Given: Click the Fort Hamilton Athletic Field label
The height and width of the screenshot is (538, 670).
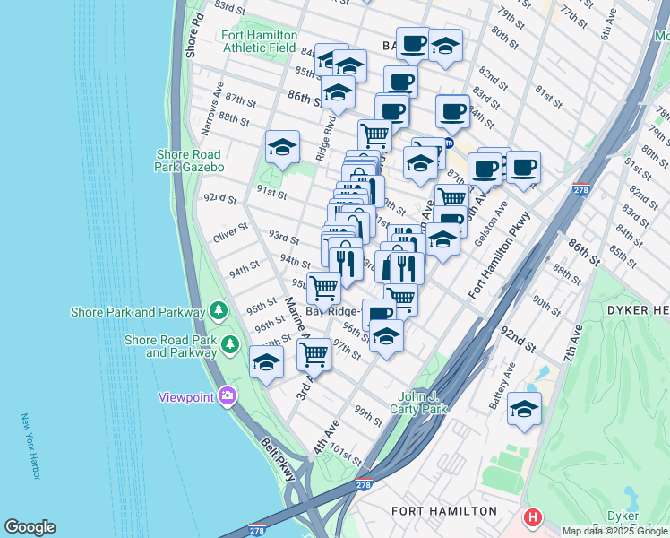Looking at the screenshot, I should click(260, 41).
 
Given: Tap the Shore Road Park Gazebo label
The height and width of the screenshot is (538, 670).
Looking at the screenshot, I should click(189, 161).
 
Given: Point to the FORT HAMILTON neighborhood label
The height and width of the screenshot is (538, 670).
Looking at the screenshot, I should click(444, 511).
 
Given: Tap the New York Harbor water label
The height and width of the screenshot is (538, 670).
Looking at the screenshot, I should click(30, 446).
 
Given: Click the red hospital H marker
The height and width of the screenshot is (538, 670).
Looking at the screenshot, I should click(533, 517).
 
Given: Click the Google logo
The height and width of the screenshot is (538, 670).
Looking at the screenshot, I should click(30, 527).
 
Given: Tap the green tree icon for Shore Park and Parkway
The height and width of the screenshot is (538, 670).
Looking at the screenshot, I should click(218, 311).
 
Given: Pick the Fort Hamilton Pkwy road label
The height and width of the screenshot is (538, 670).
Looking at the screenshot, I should click(499, 256).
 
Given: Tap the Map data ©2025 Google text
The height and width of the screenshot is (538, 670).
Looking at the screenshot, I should click(614, 531).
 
